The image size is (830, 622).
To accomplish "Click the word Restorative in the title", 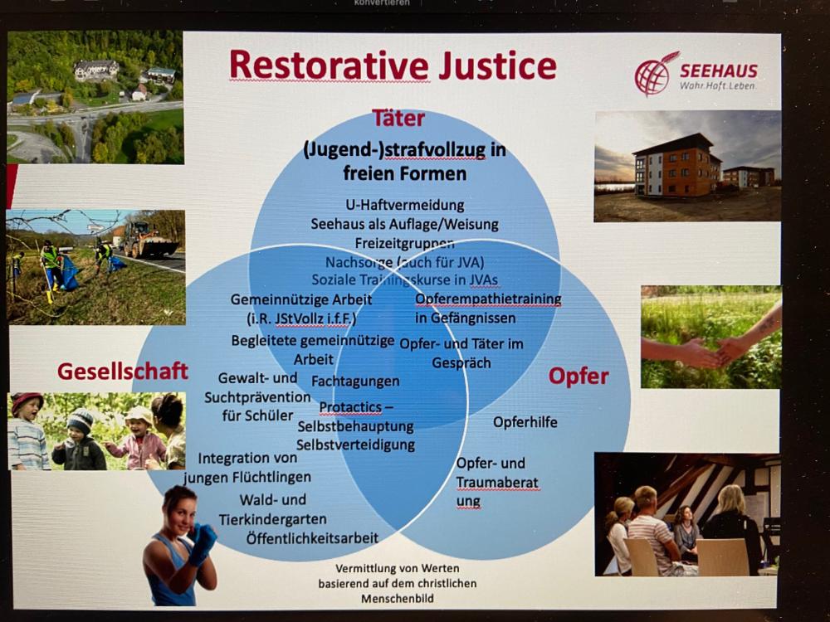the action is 329,66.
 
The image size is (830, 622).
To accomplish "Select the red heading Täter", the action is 398,118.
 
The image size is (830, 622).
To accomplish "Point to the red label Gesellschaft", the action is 123,371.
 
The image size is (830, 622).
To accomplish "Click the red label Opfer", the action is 579,377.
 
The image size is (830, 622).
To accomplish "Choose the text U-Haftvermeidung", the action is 405,205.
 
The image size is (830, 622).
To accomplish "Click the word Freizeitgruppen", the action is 404,243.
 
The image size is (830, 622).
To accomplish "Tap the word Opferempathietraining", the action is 488,299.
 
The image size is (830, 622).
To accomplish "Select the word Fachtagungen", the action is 355,381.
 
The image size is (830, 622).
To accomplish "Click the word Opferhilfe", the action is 525,422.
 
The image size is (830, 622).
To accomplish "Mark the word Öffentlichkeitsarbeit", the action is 312,538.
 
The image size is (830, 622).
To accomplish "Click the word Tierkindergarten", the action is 272,519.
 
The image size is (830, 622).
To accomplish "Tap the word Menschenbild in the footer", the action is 398,599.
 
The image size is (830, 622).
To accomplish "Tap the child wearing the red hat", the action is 27,431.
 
